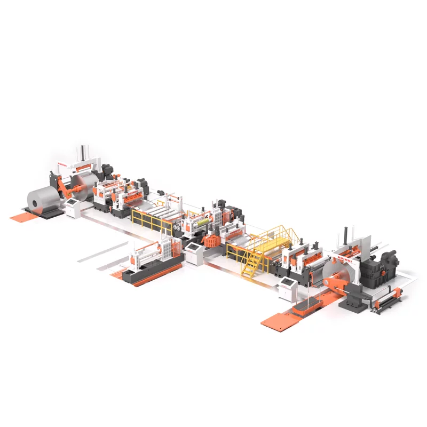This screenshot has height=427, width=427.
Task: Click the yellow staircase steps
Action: click(x=251, y=265)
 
